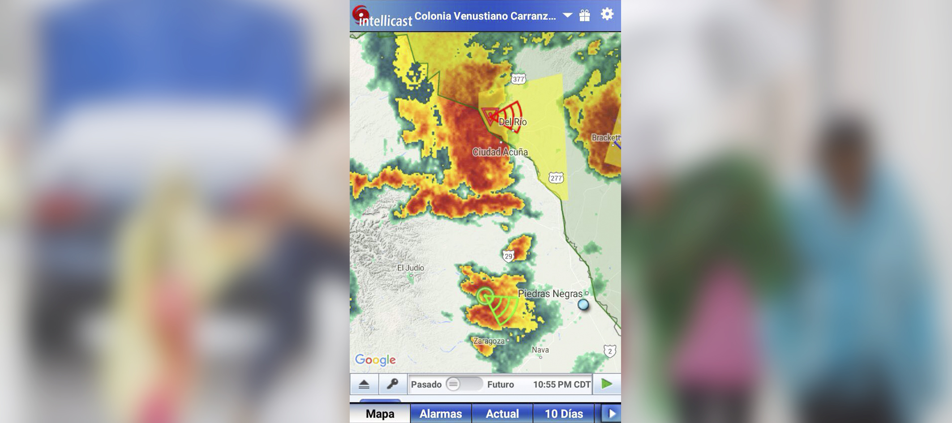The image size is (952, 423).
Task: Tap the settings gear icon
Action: [607, 14]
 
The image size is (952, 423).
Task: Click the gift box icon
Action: [584, 16]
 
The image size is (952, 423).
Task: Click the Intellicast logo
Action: [383, 17]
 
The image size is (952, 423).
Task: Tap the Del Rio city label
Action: [513, 122]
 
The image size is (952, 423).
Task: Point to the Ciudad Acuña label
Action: [500, 152]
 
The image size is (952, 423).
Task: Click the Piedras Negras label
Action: [550, 294]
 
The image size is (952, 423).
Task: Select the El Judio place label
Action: [411, 268]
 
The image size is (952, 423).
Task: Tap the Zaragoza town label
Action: [489, 341]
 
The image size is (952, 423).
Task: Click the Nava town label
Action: [540, 350]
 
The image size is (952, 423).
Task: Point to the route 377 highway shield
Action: [518, 79]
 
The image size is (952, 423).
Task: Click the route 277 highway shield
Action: [556, 178]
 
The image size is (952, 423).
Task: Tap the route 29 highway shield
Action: [508, 256]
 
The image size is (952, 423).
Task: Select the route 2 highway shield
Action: [609, 351]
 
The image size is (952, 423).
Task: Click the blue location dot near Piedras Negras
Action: [583, 305]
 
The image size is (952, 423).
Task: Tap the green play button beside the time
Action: [606, 384]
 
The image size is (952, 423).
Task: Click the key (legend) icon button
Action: [393, 384]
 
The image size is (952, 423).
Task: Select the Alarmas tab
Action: [441, 414]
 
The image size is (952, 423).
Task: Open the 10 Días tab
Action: [563, 414]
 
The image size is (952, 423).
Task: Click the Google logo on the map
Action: [375, 360]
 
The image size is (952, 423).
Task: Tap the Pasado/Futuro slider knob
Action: [453, 384]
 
